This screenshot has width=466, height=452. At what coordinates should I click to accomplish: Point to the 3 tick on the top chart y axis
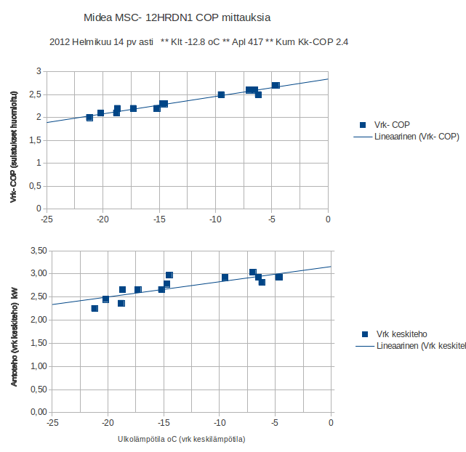click(x=38, y=71)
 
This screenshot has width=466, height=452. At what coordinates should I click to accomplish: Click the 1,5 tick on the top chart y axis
click(x=35, y=140)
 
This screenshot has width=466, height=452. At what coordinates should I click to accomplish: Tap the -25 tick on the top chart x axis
click(x=47, y=219)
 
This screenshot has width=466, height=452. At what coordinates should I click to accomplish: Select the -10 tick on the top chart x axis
click(x=215, y=219)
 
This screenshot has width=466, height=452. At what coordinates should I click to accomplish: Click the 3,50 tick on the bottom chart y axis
click(x=36, y=251)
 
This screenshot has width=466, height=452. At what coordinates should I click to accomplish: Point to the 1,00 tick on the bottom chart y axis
click(x=36, y=366)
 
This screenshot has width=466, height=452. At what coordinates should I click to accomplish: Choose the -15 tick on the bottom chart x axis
click(x=164, y=422)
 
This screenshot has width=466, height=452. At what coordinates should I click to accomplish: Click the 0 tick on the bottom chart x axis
click(x=331, y=422)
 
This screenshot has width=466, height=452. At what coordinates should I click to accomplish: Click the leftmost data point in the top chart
click(x=89, y=118)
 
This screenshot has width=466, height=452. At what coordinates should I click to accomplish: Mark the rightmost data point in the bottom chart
click(x=279, y=277)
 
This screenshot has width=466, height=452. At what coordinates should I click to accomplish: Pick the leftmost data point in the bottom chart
click(x=95, y=308)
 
